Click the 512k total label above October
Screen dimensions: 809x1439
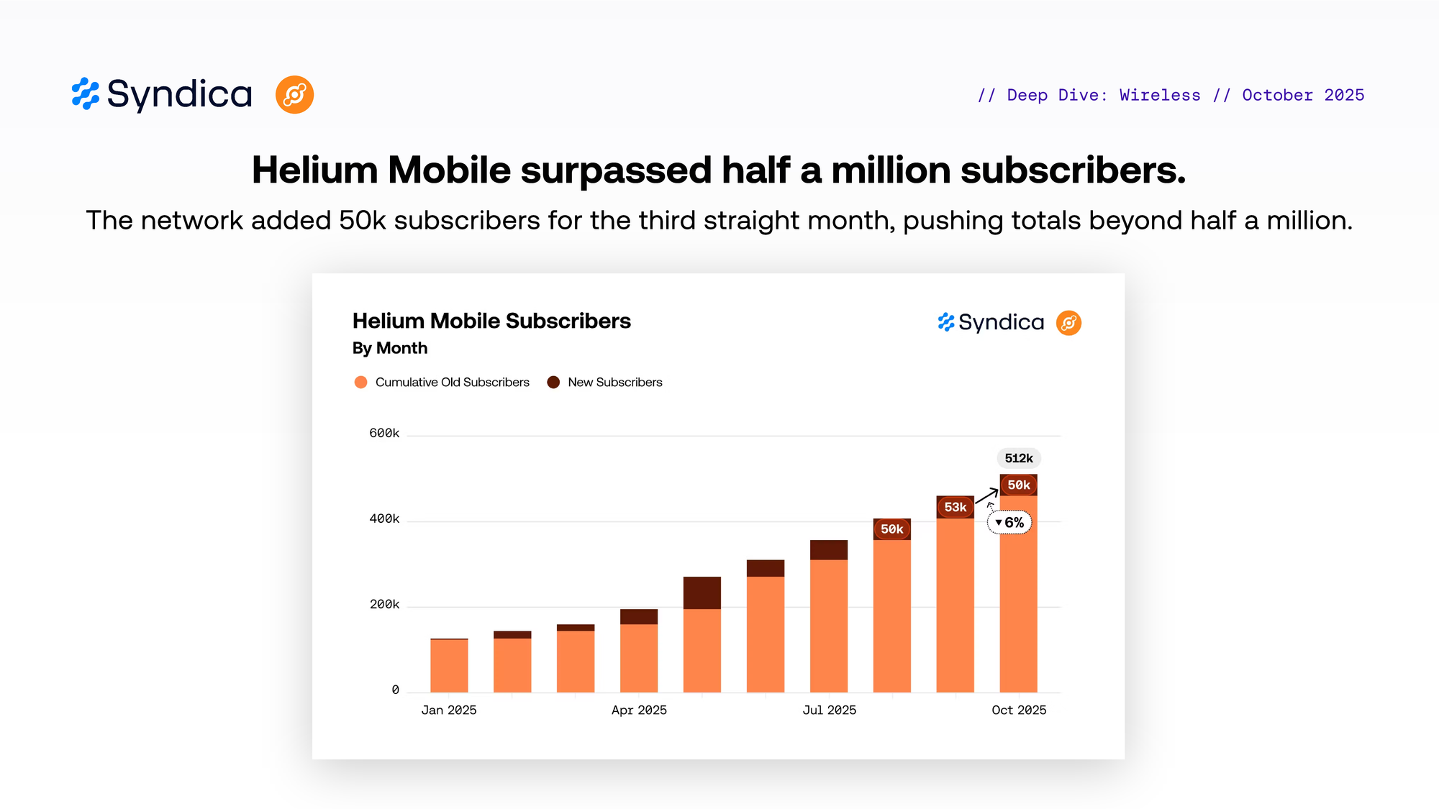(x=1019, y=458)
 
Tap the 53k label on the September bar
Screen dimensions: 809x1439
(x=955, y=507)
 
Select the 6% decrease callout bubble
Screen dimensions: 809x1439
(x=1009, y=522)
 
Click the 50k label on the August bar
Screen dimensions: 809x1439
(x=891, y=529)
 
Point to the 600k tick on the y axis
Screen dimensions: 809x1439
(x=384, y=433)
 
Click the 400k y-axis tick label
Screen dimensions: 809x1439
(x=384, y=518)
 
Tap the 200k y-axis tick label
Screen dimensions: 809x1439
(x=384, y=604)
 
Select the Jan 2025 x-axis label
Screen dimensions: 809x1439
(x=449, y=710)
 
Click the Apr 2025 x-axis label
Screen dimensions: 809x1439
(x=639, y=710)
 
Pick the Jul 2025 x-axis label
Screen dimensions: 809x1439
(x=829, y=710)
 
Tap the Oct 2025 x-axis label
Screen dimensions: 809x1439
(x=1019, y=710)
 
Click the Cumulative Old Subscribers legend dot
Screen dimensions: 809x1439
(x=361, y=382)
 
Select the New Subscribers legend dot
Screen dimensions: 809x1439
(x=553, y=382)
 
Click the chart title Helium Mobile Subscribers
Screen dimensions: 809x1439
(x=491, y=321)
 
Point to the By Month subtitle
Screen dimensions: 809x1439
(x=390, y=348)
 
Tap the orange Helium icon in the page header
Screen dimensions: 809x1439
(x=294, y=95)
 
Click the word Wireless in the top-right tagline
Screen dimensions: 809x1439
(x=1160, y=95)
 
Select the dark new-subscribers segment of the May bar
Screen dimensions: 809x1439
(x=702, y=593)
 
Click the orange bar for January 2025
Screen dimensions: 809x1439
(x=449, y=665)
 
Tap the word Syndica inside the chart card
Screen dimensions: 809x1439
(x=1001, y=323)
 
